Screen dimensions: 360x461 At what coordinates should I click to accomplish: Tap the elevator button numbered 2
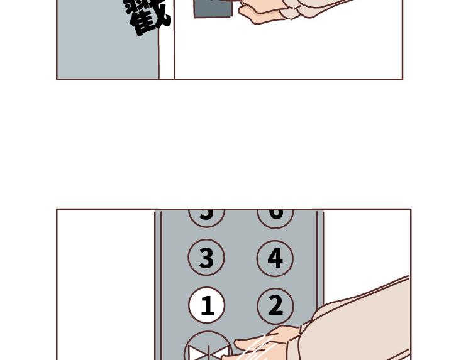[275, 305]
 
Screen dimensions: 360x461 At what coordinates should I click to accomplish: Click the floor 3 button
[206, 258]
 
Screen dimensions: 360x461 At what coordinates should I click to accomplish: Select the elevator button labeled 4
[275, 258]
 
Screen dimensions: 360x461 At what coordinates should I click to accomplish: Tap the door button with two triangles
[208, 349]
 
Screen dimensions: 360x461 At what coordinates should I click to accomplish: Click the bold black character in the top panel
[148, 15]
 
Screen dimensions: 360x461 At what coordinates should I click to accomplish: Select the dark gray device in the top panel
[211, 8]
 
